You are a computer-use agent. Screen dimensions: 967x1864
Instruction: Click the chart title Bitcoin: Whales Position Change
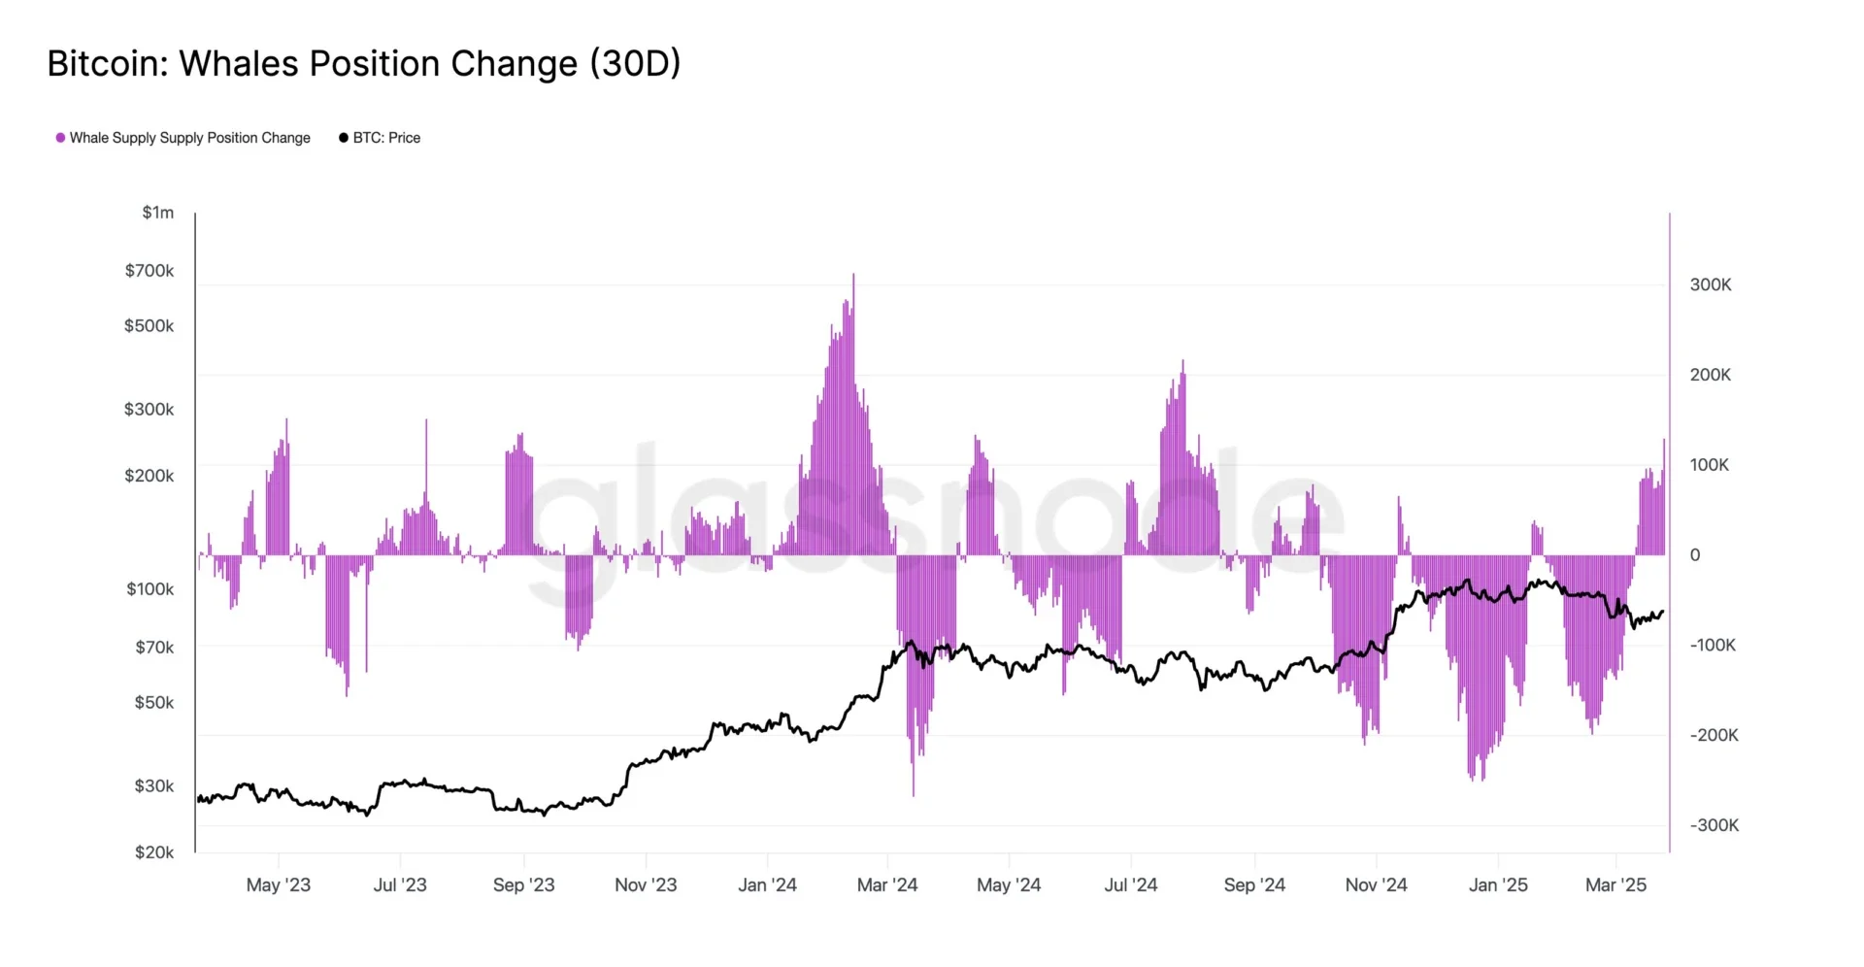pyautogui.click(x=364, y=64)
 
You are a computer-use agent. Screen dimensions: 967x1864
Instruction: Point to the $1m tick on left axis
pyautogui.click(x=158, y=213)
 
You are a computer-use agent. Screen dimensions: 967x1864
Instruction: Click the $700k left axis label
pyautogui.click(x=150, y=271)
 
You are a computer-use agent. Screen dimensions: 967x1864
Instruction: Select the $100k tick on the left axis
pyautogui.click(x=150, y=589)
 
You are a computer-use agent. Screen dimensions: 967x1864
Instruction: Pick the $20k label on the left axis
pyautogui.click(x=154, y=852)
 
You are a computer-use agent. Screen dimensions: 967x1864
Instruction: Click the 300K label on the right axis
pyautogui.click(x=1711, y=285)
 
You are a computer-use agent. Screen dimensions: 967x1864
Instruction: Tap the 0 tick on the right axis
pyautogui.click(x=1695, y=555)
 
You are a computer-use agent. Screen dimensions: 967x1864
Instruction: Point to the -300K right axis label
pyautogui.click(x=1714, y=825)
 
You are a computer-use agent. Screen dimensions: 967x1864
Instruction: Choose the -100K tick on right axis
pyautogui.click(x=1713, y=646)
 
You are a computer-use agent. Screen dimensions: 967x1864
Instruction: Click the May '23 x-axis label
pyautogui.click(x=279, y=885)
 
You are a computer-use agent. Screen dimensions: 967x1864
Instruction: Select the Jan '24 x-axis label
pyautogui.click(x=767, y=885)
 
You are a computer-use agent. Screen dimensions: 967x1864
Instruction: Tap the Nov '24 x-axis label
pyautogui.click(x=1376, y=885)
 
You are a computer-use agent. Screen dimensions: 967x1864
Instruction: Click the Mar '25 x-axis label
pyautogui.click(x=1615, y=885)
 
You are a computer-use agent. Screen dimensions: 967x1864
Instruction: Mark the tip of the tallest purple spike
pyautogui.click(x=853, y=275)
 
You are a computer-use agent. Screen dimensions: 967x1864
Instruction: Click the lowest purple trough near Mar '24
pyautogui.click(x=914, y=794)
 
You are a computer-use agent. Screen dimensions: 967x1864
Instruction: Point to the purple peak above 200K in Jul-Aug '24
pyautogui.click(x=1182, y=361)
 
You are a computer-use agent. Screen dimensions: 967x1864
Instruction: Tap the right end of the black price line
pyautogui.click(x=1663, y=612)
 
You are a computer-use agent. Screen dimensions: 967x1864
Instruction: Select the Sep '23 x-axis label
pyautogui.click(x=523, y=885)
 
